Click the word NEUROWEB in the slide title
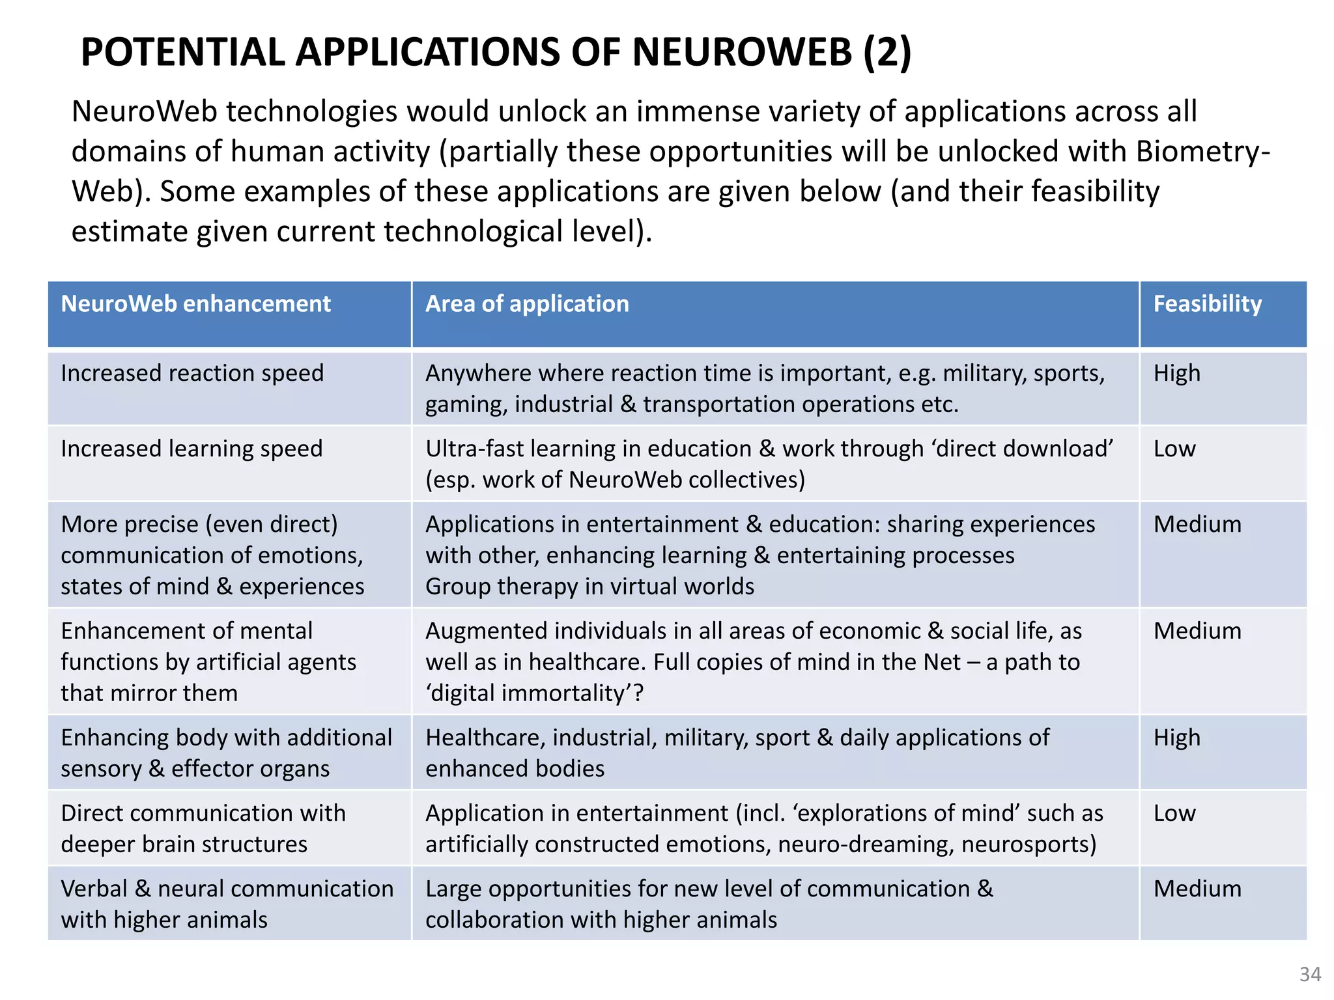coord(741,52)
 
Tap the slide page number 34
coord(1310,974)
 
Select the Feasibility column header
coord(1207,304)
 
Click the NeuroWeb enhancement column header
coord(195,304)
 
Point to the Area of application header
coord(527,304)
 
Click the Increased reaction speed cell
coord(192,373)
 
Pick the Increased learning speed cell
coord(192,449)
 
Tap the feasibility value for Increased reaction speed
coord(1176,373)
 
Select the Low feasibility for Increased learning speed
coord(1174,449)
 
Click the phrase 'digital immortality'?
coord(535,693)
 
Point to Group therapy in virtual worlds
coord(589,587)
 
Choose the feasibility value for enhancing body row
coord(1176,738)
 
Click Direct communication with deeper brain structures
coord(203,828)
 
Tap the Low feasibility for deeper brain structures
coord(1174,813)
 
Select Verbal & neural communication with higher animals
coord(227,904)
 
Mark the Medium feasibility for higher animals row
coord(1197,889)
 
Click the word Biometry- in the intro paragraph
coord(1202,152)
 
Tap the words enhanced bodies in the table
coord(515,769)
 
